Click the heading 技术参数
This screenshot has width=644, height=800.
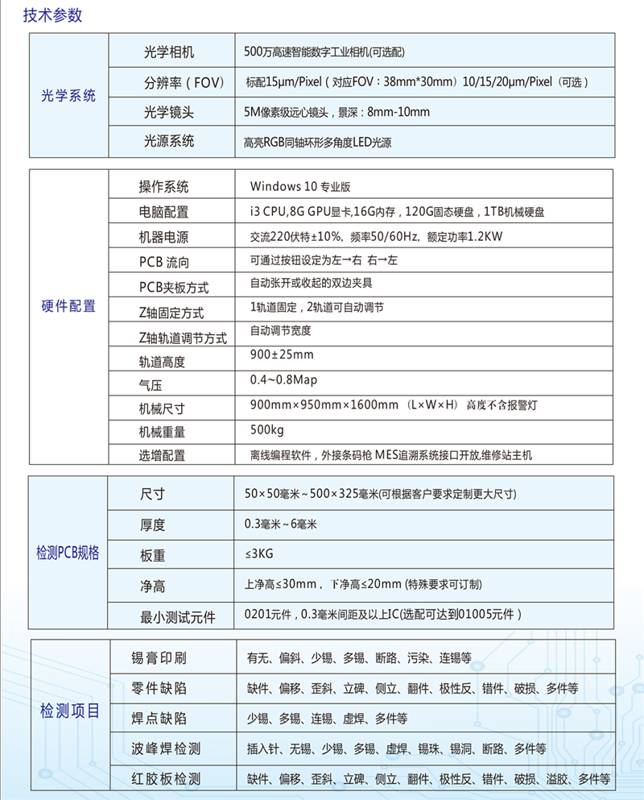coord(52,15)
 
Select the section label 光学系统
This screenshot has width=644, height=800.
coord(68,96)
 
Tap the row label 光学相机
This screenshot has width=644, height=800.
coord(169,52)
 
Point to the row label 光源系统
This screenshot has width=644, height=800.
coord(169,142)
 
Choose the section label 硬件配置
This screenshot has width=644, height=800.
coord(68,306)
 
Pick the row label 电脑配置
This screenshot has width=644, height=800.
coord(163,212)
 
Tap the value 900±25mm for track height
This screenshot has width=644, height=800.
coord(282,354)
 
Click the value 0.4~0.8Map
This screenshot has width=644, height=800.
coord(284,379)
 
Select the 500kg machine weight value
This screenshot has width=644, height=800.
coord(267,429)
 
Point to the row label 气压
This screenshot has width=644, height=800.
coord(151,386)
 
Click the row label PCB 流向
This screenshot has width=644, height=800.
coord(165,262)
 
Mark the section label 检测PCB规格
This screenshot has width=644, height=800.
coord(68,553)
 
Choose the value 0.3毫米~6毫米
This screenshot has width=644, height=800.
coord(281,524)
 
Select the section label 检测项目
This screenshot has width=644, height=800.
coord(70,711)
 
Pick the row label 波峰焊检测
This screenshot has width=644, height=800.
coord(166,749)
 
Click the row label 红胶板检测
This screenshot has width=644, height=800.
coord(166,779)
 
